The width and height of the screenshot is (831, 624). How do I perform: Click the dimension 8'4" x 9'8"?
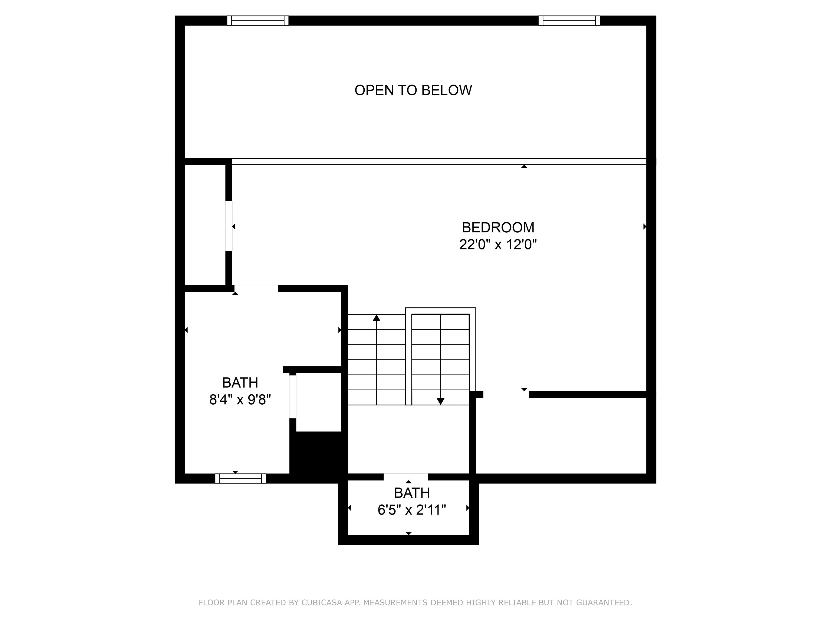[240, 399]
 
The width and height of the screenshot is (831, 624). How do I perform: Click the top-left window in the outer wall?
[258, 20]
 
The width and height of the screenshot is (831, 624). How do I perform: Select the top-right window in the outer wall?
[569, 20]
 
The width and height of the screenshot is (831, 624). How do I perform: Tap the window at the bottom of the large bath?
[240, 479]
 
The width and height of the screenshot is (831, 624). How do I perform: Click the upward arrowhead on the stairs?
[377, 318]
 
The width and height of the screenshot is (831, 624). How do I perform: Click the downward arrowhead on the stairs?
[441, 401]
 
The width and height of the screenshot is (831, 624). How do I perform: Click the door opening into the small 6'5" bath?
[406, 477]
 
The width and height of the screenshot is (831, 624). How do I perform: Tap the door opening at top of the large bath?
[256, 288]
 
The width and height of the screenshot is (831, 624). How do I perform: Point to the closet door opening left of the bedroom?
[229, 226]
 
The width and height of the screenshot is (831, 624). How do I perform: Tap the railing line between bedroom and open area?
[439, 162]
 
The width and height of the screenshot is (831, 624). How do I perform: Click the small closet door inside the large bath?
[293, 396]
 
